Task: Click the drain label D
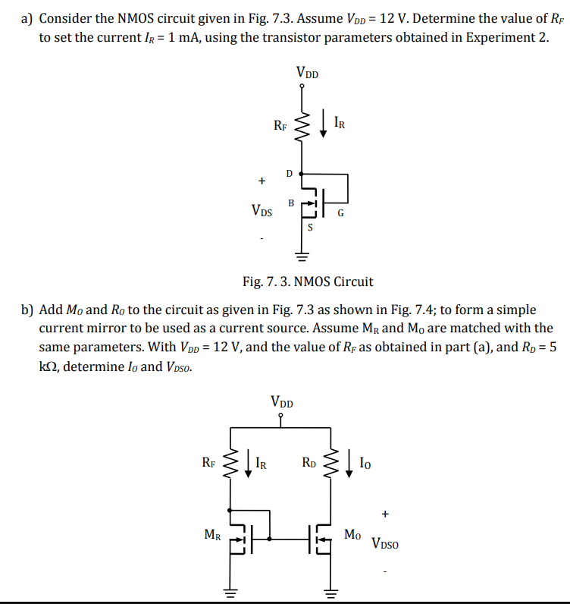(x=289, y=174)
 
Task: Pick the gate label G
(x=340, y=213)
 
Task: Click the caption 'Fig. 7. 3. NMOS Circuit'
(x=308, y=282)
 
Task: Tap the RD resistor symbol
(x=330, y=461)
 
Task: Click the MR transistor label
(x=214, y=534)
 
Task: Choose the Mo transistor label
(x=352, y=534)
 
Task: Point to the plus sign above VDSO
(x=386, y=514)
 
